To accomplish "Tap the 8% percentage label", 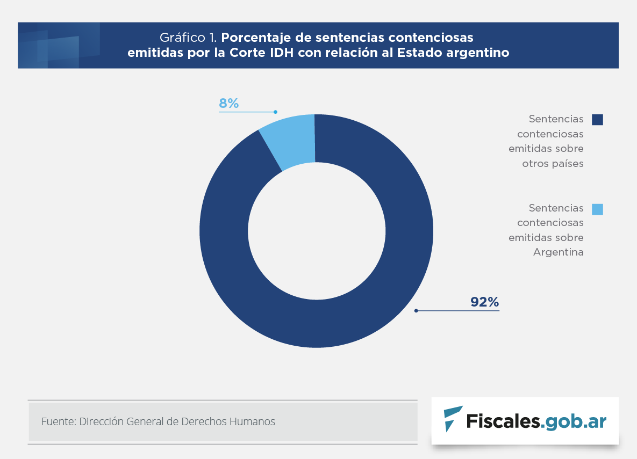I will pos(228,104).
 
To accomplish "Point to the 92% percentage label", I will pos(485,302).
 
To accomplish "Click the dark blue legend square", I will pos(597,120).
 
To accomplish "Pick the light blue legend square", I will pos(597,209).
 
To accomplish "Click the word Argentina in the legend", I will pos(558,252).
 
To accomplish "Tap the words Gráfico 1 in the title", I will pos(188,38).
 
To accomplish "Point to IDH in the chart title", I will pos(287,53).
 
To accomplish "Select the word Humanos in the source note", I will pos(252,422).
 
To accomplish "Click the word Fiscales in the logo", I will pos(503,421).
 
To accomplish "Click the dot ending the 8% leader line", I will pos(275,112).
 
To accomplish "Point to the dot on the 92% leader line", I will pos(416,310).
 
